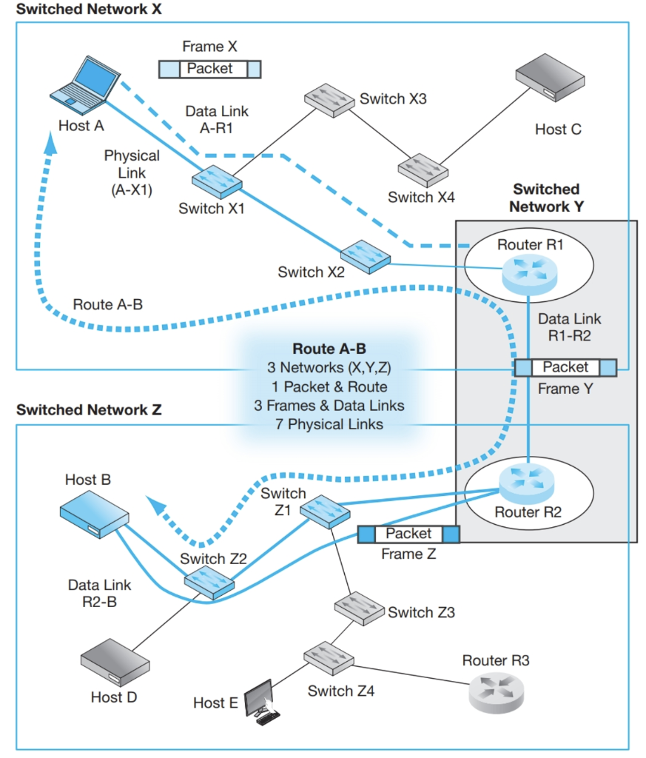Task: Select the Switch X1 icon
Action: coord(215,181)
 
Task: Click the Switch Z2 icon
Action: coord(209,583)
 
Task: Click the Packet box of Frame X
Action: coord(210,69)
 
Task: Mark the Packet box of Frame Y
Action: coord(565,367)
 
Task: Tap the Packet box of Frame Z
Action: coord(408,534)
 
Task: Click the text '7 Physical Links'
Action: coord(329,425)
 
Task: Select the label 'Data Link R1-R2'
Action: coord(569,326)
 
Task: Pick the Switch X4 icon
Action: coord(422,169)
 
